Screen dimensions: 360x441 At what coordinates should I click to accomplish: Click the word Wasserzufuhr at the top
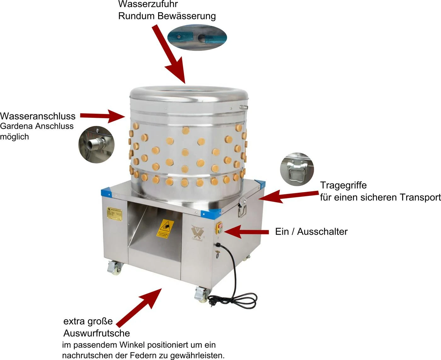point(148,4)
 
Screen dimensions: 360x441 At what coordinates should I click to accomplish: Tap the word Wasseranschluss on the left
point(38,116)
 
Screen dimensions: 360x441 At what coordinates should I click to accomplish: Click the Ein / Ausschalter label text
point(311,231)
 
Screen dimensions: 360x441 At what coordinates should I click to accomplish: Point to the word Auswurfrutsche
point(97,333)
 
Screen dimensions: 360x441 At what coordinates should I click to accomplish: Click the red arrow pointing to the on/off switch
point(246,232)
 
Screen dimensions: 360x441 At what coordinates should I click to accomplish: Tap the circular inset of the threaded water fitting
point(96,145)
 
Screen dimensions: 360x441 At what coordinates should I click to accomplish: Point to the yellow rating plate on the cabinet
point(114,214)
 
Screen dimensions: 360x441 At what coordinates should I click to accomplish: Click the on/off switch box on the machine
point(219,228)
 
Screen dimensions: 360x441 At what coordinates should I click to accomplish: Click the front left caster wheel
point(114,268)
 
